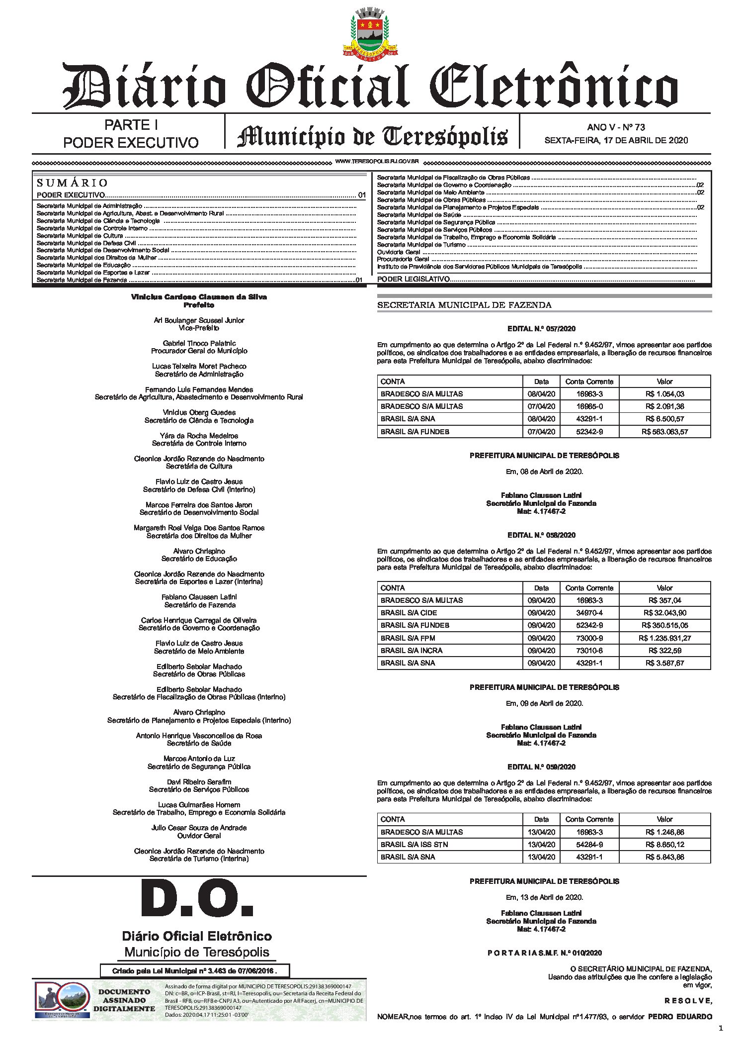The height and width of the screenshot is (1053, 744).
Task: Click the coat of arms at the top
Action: pyautogui.click(x=371, y=33)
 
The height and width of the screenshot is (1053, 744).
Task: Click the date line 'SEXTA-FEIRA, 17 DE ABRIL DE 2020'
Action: pyautogui.click(x=616, y=140)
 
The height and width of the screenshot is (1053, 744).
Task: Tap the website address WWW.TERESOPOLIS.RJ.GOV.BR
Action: pyautogui.click(x=377, y=162)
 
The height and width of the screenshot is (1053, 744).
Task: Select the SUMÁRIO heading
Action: pyautogui.click(x=72, y=183)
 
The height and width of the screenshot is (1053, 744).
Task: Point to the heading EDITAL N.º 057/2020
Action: pyautogui.click(x=541, y=329)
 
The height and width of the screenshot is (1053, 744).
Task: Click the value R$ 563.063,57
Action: pyautogui.click(x=664, y=432)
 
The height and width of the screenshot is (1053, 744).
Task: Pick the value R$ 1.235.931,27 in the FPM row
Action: pyautogui.click(x=664, y=638)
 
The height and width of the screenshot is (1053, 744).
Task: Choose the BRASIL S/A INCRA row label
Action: pyautogui.click(x=411, y=651)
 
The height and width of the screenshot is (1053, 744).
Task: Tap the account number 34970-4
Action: pyautogui.click(x=589, y=613)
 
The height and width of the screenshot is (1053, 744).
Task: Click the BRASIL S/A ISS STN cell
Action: pyautogui.click(x=414, y=844)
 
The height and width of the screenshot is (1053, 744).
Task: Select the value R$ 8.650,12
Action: pyautogui.click(x=664, y=844)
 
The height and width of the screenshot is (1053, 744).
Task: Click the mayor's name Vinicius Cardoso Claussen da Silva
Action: pyautogui.click(x=199, y=297)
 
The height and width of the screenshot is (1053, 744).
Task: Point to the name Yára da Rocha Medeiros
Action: pyautogui.click(x=199, y=436)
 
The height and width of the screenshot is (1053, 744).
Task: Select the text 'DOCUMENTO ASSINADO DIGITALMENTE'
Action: pyautogui.click(x=124, y=1000)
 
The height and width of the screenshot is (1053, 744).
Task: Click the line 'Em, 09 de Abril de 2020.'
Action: pyautogui.click(x=544, y=703)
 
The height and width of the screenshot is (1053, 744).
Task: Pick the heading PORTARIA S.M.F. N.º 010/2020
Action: pyautogui.click(x=544, y=953)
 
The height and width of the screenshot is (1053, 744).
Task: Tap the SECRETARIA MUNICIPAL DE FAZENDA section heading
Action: pyautogui.click(x=464, y=305)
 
